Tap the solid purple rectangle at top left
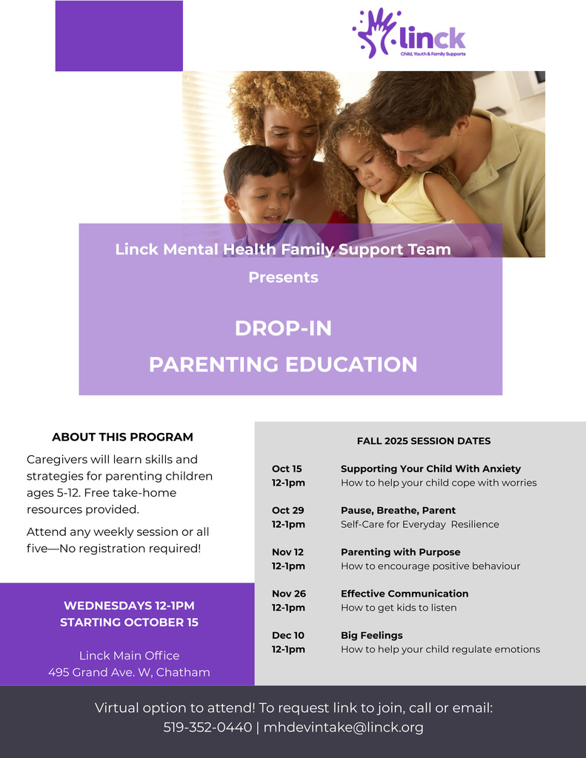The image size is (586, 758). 119,36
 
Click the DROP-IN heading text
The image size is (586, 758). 283,328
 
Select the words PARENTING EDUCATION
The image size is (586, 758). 283,364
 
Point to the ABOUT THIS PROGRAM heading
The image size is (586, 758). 122,437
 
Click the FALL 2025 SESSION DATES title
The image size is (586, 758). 424,440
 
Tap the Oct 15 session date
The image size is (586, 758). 287,469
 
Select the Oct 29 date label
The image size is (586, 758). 287,510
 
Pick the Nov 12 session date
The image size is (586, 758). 287,552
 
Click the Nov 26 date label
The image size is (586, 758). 288,594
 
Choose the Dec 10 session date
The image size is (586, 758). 287,635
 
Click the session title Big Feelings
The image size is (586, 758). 371,635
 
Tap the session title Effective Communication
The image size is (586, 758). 404,594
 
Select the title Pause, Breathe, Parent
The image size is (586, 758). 398,510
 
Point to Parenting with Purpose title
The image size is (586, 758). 400,552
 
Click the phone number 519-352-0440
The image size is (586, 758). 207,727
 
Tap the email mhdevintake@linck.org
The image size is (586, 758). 344,727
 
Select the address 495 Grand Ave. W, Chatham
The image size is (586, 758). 129,672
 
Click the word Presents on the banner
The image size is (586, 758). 283,278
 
